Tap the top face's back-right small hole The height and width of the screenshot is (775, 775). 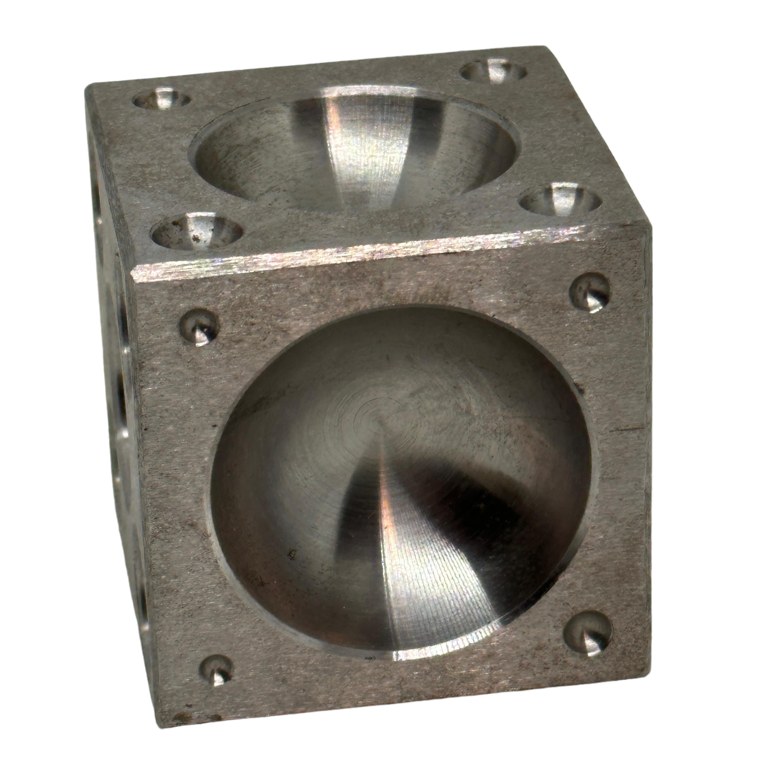(x=493, y=73)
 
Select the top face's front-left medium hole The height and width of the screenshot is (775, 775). (x=197, y=233)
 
